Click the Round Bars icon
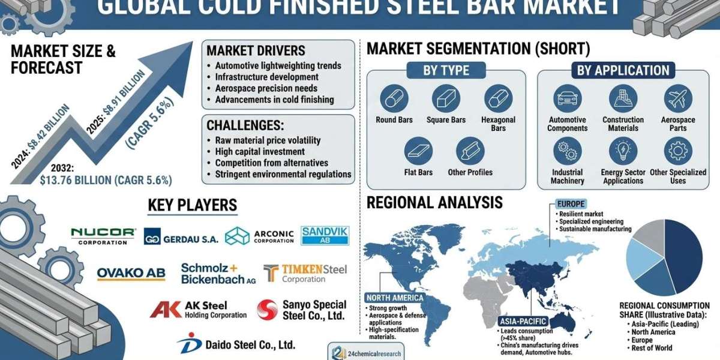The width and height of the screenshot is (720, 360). point(394,98)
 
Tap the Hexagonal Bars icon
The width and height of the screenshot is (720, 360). point(498,98)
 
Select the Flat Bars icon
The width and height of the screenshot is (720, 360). point(418,151)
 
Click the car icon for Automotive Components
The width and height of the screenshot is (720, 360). point(568,98)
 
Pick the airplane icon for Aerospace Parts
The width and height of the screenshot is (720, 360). point(678,98)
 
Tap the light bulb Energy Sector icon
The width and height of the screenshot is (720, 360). point(623,151)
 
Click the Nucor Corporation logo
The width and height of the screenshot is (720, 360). point(103,236)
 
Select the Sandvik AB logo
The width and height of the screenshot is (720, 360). point(325,236)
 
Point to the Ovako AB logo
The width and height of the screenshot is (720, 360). point(131,274)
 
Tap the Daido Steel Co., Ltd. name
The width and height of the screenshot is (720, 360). point(250,345)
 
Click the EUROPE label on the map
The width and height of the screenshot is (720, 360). point(571,204)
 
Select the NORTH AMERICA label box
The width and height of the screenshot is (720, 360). point(395,298)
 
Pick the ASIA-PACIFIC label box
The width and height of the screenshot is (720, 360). point(523,321)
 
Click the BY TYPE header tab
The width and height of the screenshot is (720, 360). point(446,70)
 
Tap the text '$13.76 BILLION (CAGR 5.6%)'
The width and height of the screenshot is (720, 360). point(106,181)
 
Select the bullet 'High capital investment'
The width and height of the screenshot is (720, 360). point(260,151)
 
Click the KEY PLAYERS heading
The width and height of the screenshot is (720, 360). point(193,205)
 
